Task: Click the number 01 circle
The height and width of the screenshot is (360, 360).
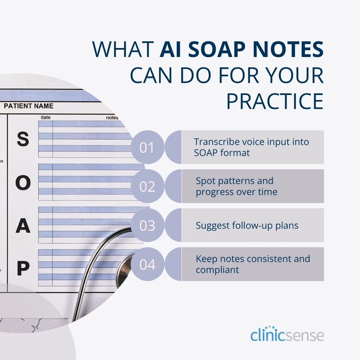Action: (x=147, y=147)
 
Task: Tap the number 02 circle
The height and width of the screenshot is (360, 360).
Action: (x=147, y=186)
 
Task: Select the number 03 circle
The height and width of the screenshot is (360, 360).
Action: (x=147, y=225)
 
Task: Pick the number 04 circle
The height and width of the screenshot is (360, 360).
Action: (x=147, y=264)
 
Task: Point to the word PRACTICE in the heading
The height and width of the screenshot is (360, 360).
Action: (x=275, y=101)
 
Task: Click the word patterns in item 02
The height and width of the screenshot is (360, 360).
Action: (x=235, y=181)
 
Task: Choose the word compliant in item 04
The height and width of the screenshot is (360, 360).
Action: (x=217, y=270)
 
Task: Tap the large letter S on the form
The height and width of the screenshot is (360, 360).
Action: (x=23, y=139)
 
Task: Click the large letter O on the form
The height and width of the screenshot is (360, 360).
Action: (x=23, y=183)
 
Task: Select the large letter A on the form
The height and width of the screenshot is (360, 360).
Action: (x=23, y=226)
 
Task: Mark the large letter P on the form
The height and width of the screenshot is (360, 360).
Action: (x=23, y=269)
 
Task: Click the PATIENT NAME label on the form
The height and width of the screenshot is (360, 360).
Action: (x=28, y=106)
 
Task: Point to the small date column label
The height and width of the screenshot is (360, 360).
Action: (x=45, y=118)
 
